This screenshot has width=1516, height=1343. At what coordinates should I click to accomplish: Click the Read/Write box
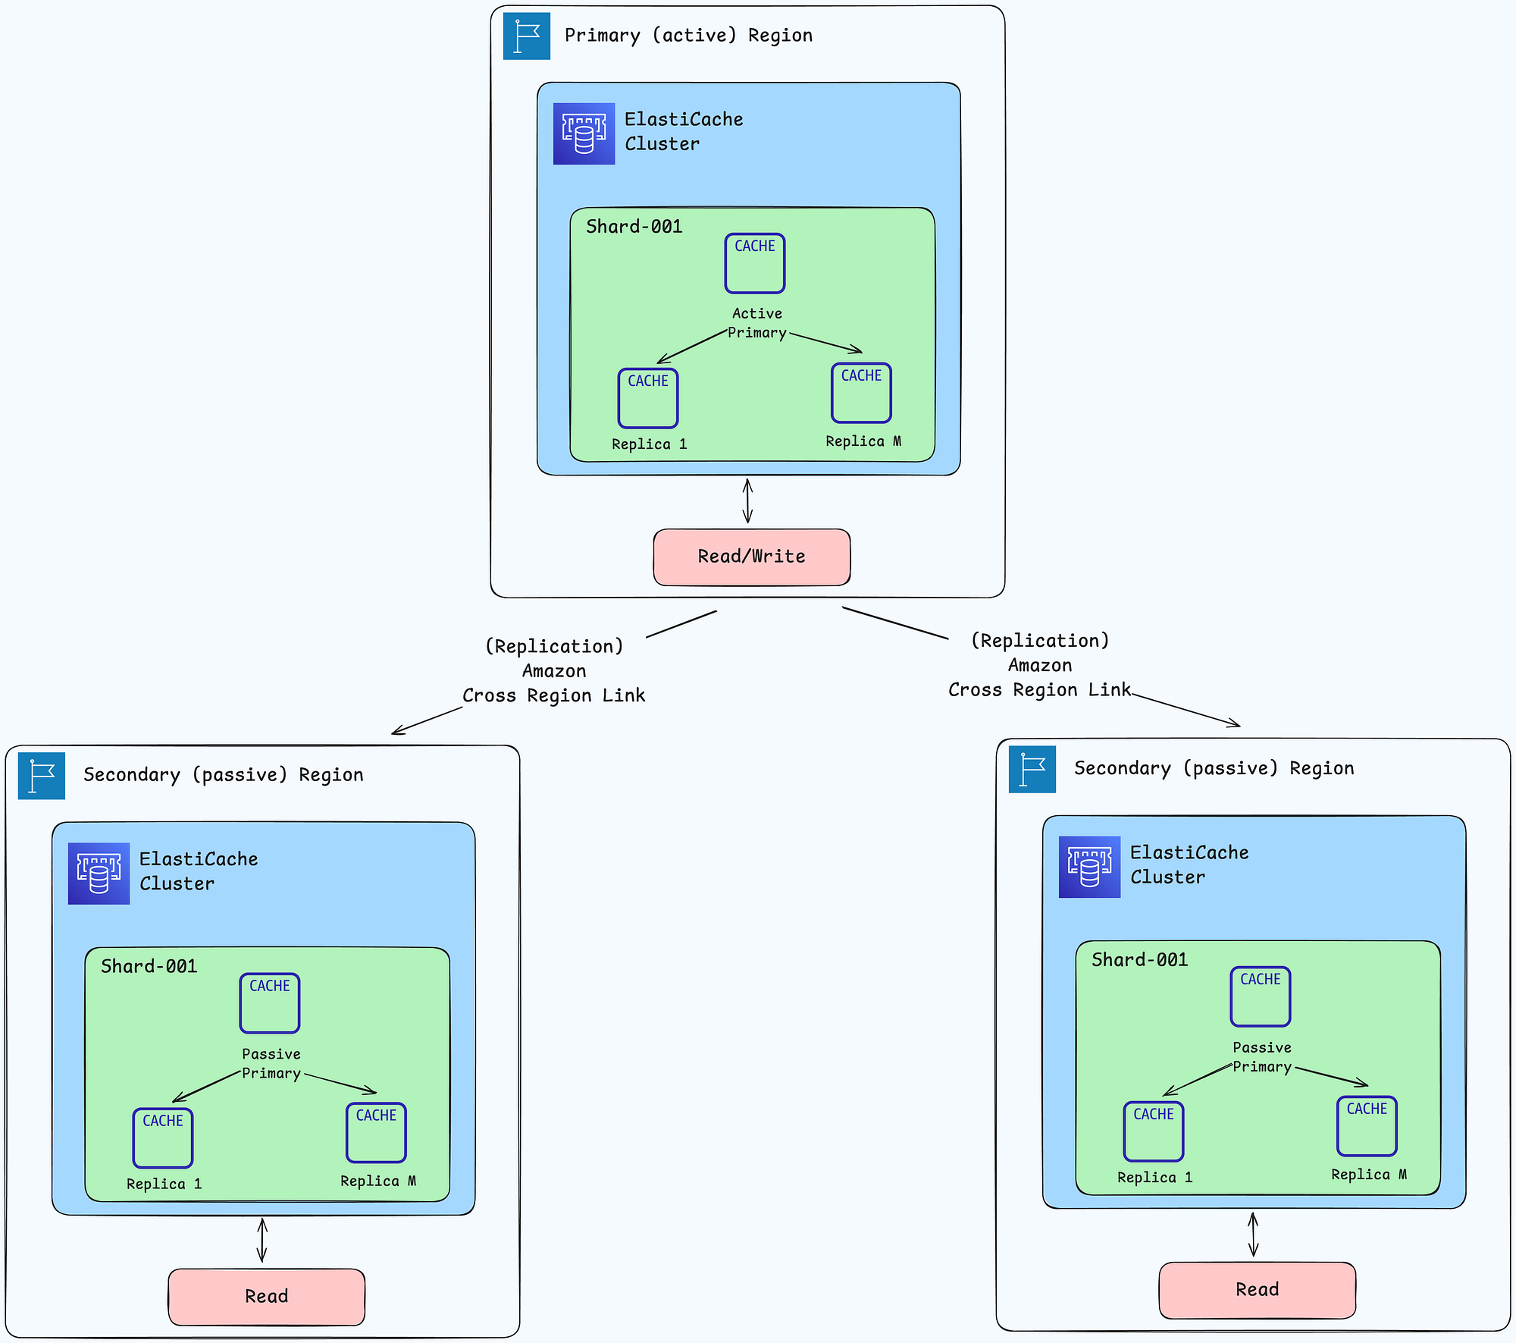click(x=751, y=557)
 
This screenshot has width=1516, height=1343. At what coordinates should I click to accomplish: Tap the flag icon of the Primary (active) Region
click(x=527, y=36)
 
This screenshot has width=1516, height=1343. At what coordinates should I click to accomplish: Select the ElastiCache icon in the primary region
click(x=584, y=133)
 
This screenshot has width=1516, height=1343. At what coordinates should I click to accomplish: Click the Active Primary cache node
click(x=755, y=263)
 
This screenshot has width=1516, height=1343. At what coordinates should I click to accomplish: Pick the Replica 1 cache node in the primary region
click(x=648, y=398)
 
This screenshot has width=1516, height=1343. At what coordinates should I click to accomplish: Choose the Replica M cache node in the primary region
click(x=861, y=393)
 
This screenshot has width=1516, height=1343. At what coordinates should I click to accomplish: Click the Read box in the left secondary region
click(x=266, y=1297)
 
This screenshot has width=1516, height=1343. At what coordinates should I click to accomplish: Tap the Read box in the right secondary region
click(x=1258, y=1290)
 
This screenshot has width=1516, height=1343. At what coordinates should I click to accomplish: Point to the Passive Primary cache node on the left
click(x=270, y=1003)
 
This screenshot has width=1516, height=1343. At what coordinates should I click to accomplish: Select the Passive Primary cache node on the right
click(x=1261, y=996)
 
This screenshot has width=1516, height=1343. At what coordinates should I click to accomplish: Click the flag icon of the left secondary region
click(x=42, y=776)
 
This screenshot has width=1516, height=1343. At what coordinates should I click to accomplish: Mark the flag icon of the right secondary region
click(x=1032, y=769)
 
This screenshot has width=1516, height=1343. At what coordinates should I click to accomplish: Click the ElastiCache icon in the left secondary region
click(x=99, y=874)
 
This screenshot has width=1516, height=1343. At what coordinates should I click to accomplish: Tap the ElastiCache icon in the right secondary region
click(x=1089, y=867)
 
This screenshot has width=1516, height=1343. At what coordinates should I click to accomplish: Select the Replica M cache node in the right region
click(x=1367, y=1126)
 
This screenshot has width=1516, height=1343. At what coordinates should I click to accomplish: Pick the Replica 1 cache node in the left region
click(x=163, y=1138)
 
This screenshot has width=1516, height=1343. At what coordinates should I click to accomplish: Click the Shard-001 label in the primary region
click(x=634, y=227)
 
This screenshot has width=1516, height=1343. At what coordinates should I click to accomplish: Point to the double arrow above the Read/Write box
click(x=747, y=500)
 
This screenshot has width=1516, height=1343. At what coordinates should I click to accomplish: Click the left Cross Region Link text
click(x=554, y=695)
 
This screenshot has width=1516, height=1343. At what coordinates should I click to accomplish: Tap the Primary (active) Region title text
click(x=688, y=36)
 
